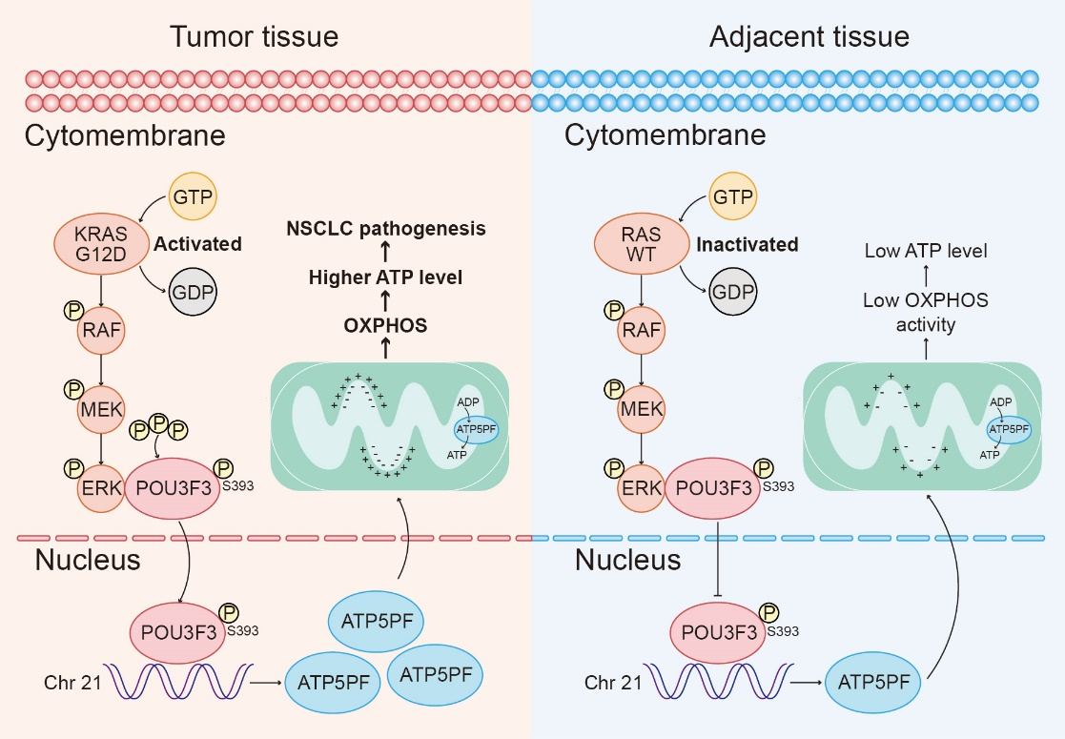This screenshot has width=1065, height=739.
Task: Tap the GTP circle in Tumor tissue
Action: [193, 198]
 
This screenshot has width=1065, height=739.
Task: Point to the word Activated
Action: [198, 244]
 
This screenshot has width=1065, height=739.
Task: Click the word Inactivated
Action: [748, 245]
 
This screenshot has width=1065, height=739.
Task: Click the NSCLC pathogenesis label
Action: [386, 229]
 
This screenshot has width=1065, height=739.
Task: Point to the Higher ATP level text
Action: [385, 277]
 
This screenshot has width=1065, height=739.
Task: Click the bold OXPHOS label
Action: [385, 325]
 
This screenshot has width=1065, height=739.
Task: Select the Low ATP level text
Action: [926, 252]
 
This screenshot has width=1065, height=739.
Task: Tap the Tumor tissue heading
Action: [255, 37]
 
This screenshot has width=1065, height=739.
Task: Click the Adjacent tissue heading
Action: [809, 37]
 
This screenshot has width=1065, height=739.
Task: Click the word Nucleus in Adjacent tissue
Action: [627, 560]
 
